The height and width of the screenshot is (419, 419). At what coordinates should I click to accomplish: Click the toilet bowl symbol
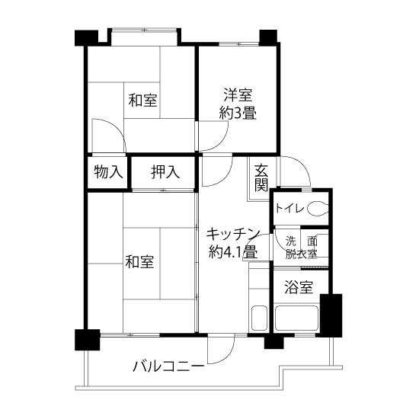click(317, 208)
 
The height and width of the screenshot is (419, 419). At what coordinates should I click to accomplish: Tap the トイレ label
click(289, 208)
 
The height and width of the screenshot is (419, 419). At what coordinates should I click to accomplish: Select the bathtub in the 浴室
click(296, 318)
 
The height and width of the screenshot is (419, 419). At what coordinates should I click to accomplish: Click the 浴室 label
click(299, 286)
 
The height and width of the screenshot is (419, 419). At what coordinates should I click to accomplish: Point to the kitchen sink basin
click(259, 318)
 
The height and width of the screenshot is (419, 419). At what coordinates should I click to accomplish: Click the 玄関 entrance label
click(261, 178)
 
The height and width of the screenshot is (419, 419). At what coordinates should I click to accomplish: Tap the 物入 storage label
click(108, 171)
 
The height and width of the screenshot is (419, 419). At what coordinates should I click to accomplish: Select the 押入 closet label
click(165, 171)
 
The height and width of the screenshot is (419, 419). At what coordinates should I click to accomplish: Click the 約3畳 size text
click(238, 113)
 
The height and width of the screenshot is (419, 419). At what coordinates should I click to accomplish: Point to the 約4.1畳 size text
click(233, 251)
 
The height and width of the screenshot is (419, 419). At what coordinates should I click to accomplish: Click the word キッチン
click(233, 234)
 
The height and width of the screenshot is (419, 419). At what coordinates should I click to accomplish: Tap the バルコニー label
click(168, 366)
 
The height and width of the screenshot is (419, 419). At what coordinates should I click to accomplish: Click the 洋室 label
click(238, 95)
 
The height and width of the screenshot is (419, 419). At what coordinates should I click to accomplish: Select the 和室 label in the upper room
click(142, 101)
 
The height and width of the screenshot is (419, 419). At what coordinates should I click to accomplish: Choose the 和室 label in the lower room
click(139, 261)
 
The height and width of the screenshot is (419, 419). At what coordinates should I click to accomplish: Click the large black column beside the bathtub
click(331, 315)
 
